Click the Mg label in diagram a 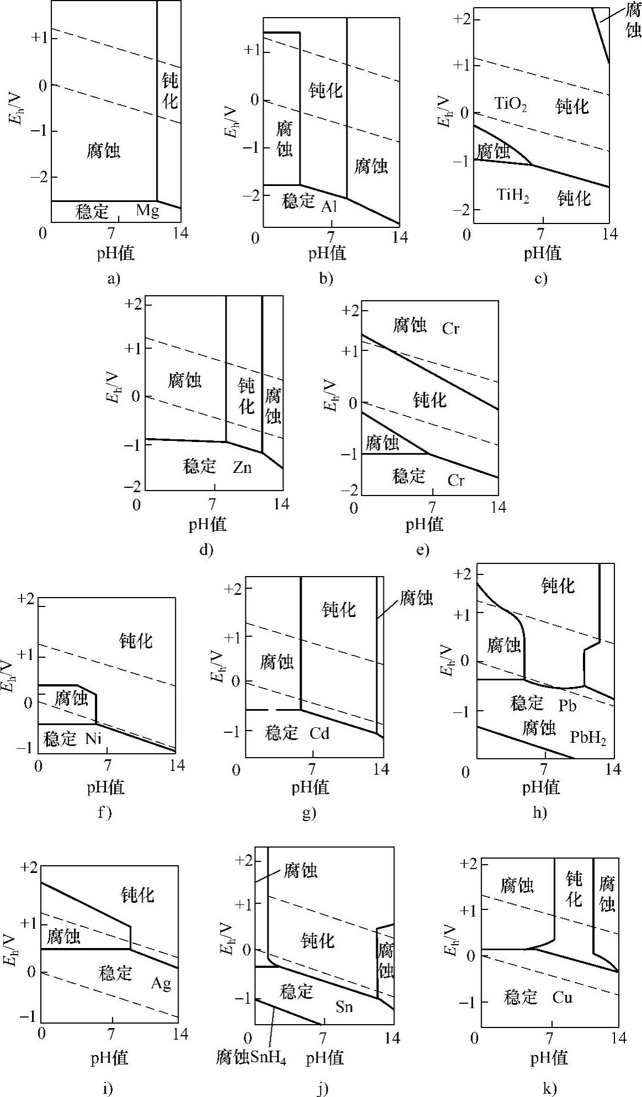pos(147,210)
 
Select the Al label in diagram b pos(328,206)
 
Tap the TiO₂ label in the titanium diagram pos(510,104)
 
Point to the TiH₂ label pos(513,195)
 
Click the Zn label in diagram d pos(242,467)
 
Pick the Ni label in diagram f pos(94,738)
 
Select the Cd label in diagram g pos(319,733)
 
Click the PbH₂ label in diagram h pos(588,737)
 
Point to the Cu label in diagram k pos(562,997)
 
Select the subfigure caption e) pos(423,550)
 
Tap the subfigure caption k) pos(549,1087)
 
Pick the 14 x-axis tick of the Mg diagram pos(180,233)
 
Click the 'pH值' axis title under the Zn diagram pos(208,524)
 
